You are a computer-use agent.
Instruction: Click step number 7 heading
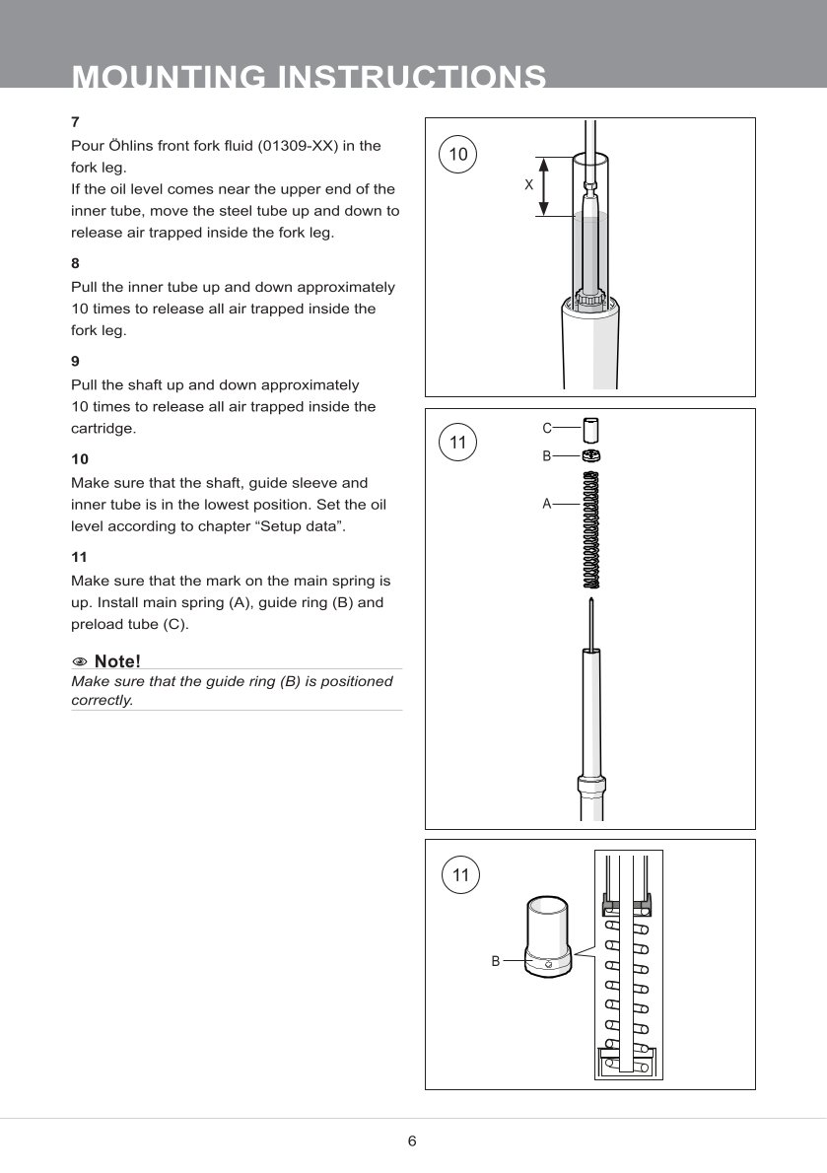point(75,122)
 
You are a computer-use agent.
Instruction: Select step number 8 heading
point(75,264)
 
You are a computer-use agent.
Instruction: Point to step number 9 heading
point(75,362)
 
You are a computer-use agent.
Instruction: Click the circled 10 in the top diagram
point(458,154)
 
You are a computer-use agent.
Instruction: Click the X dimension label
point(528,185)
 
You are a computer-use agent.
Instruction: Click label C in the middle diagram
point(547,428)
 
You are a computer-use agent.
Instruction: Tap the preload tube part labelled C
point(591,431)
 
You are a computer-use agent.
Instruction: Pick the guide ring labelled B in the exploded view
point(591,456)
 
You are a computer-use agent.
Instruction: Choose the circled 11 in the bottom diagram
point(458,875)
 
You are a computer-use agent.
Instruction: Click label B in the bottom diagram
point(496,959)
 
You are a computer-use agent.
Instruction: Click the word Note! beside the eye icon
point(117,660)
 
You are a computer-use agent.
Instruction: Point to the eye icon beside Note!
point(80,660)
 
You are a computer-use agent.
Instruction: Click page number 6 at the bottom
point(412,1141)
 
